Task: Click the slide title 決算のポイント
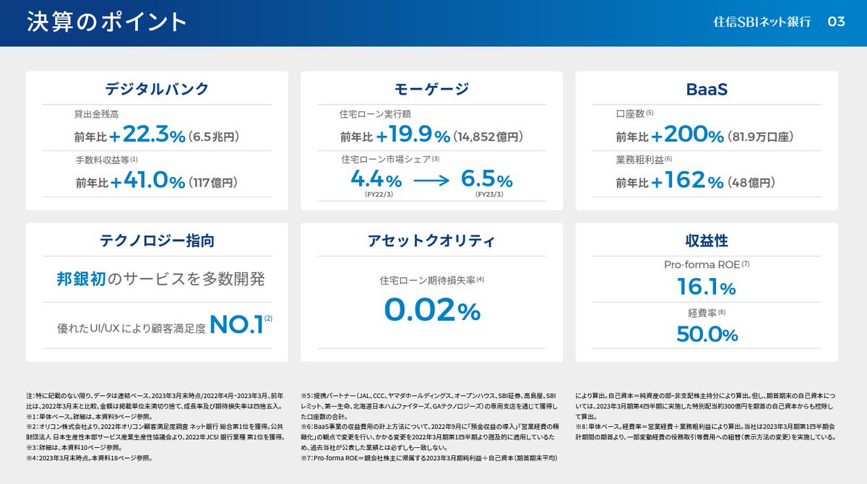tap(107, 22)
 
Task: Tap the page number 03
tap(836, 22)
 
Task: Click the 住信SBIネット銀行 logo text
tap(761, 22)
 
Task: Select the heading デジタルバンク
tap(157, 89)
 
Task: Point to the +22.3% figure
tap(148, 134)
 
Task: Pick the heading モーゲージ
tap(432, 89)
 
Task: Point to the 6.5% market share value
tap(486, 178)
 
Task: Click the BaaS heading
tap(707, 89)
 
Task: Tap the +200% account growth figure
tap(687, 134)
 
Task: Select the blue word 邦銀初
tap(81, 279)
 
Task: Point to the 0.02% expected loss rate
tap(432, 311)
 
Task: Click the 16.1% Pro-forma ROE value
tap(707, 288)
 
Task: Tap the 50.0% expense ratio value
tap(707, 334)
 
